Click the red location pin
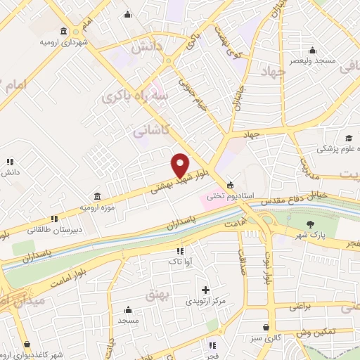point(181,165)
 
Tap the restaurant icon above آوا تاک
point(180,250)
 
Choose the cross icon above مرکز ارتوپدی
point(205,290)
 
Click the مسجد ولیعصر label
point(312,60)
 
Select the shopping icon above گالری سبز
point(265,327)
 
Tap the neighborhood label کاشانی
point(150,131)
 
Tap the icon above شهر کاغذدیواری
point(27,345)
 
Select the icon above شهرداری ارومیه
point(64,32)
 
